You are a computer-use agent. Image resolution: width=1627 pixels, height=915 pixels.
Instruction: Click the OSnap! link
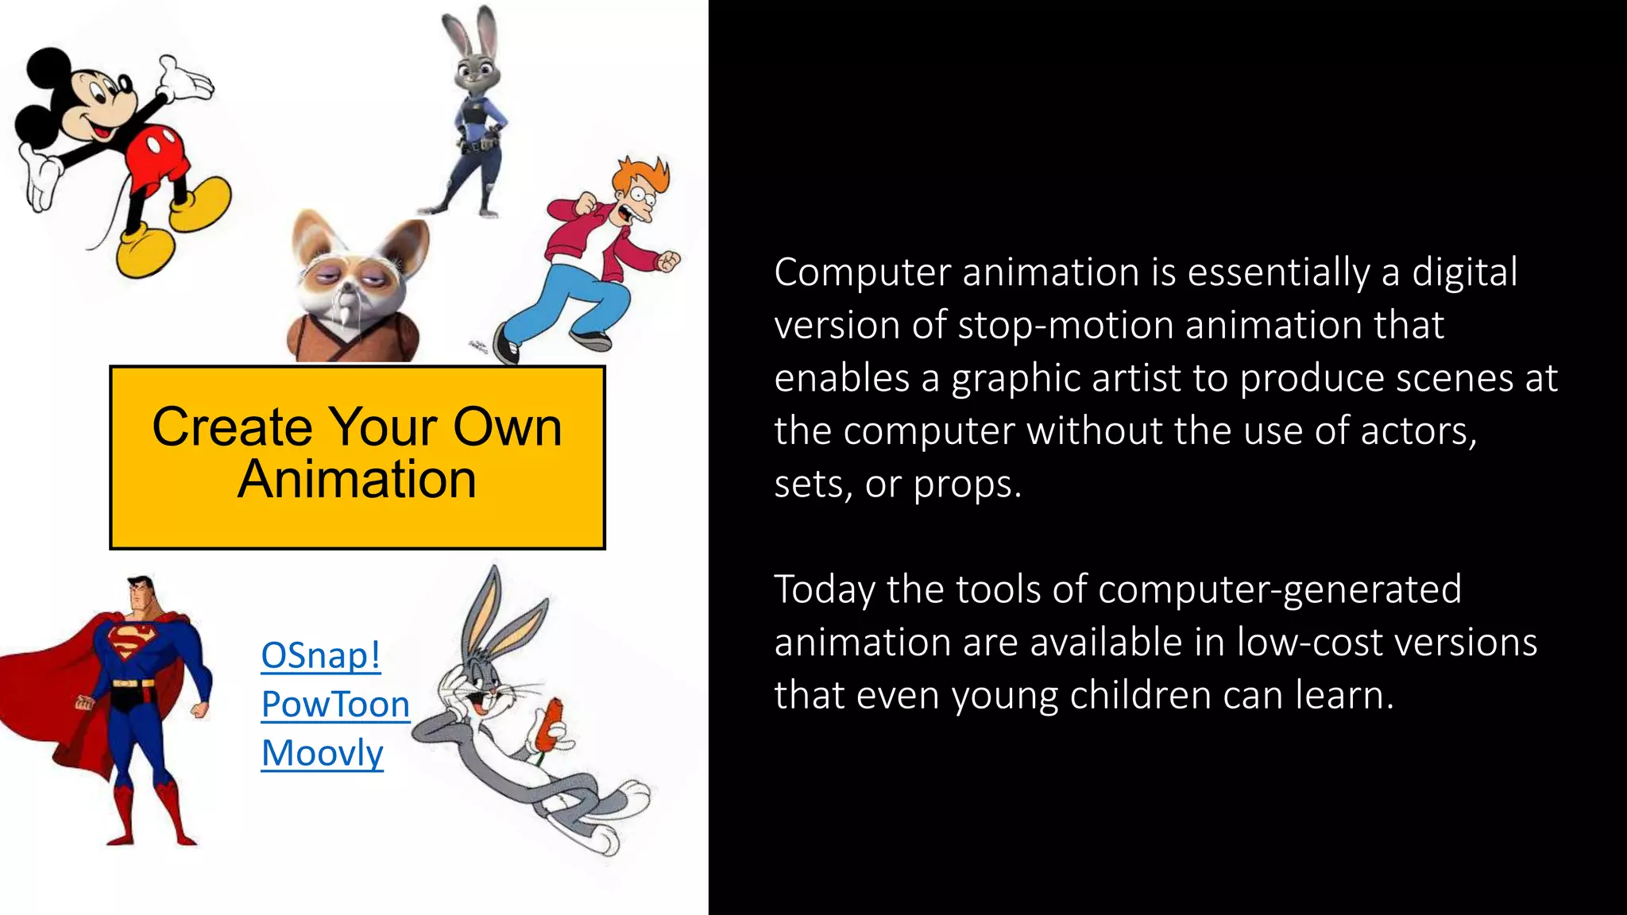click(321, 656)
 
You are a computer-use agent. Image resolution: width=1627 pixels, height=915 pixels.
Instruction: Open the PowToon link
click(335, 705)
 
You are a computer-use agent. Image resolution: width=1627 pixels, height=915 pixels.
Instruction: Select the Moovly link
click(323, 753)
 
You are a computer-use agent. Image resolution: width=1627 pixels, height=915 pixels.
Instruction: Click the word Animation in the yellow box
click(357, 480)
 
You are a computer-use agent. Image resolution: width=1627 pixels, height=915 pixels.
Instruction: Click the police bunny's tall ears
click(470, 32)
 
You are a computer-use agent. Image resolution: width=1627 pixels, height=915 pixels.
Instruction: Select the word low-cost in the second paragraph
click(1310, 643)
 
